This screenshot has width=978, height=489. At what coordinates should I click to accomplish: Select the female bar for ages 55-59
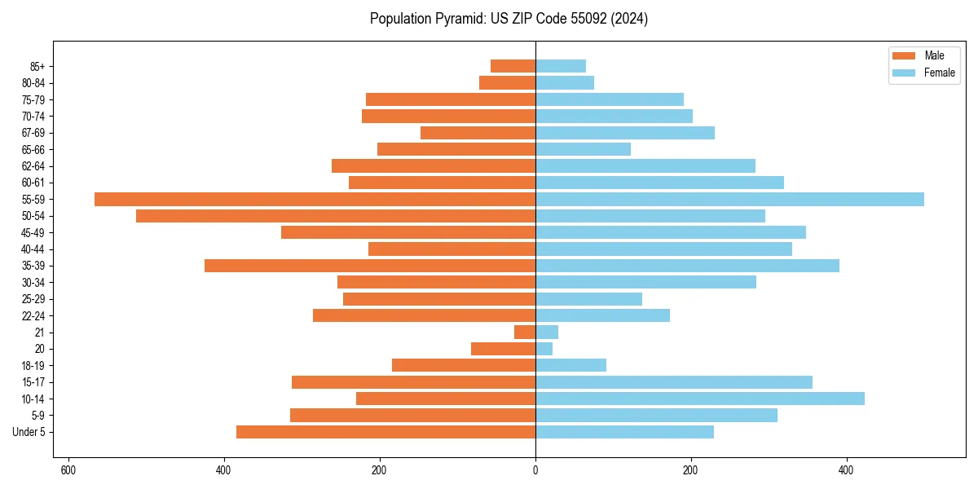point(729,199)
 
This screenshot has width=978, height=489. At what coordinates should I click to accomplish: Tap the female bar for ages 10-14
point(700,399)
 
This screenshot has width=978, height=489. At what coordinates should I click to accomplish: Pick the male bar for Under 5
point(385,432)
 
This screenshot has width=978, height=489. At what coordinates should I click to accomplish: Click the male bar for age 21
point(525,333)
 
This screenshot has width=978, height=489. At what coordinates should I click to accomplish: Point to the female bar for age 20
point(544,349)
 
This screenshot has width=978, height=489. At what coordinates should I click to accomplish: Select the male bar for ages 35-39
point(370,266)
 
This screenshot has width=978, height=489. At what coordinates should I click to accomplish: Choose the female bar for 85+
point(561,66)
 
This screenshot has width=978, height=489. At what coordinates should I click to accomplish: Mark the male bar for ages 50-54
point(336,216)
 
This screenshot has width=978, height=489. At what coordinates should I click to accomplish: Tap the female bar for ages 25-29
point(588,299)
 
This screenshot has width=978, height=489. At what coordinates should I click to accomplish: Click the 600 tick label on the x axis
point(68,470)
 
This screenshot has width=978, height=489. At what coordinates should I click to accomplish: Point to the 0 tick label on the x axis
point(535,470)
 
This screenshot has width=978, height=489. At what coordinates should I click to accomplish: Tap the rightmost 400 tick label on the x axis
point(847,470)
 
